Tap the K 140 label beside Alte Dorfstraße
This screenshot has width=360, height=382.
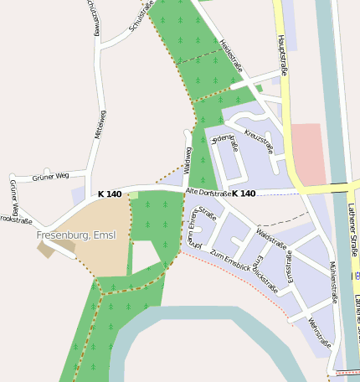244,194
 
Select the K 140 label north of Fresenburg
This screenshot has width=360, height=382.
109,194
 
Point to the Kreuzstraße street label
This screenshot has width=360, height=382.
260,142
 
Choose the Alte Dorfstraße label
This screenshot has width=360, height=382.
208,194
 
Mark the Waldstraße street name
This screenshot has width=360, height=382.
272,238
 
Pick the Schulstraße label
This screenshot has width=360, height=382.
143,16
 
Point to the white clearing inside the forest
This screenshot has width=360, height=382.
144,254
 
